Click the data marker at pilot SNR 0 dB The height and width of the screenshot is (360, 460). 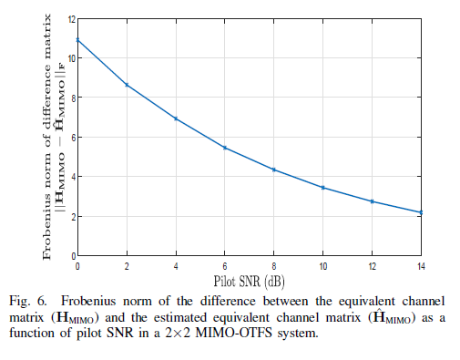[77, 39]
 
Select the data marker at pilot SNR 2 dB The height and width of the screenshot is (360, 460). [127, 85]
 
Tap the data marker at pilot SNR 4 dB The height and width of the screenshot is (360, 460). [176, 118]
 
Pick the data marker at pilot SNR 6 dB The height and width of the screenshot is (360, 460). [225, 148]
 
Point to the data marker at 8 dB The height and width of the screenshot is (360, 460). [274, 170]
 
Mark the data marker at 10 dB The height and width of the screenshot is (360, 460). [323, 188]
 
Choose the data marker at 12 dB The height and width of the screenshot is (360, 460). [373, 201]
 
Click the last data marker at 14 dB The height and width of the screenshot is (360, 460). [421, 212]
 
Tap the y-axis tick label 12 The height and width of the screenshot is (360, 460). [70, 18]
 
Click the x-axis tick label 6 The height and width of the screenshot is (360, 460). [225, 265]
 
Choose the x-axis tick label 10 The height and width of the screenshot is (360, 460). [323, 265]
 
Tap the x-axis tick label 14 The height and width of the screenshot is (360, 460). [421, 265]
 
